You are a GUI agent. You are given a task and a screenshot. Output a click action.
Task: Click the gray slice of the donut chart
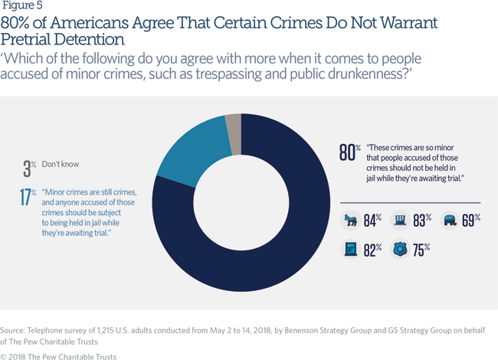[233, 124]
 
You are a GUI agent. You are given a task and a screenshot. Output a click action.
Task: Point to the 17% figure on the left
[28, 197]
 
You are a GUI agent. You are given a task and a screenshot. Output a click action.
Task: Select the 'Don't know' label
[61, 164]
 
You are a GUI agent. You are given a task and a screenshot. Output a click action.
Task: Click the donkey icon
[351, 221]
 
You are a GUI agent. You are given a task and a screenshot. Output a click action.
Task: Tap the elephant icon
[450, 221]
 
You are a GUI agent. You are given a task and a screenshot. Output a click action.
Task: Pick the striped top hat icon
[401, 221]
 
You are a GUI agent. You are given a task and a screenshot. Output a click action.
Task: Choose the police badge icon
[401, 249]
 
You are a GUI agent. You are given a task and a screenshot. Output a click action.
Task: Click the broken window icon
[351, 249]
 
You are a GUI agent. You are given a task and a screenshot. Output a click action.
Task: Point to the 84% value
[372, 221]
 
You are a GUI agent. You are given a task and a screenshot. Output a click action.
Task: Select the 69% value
[470, 221]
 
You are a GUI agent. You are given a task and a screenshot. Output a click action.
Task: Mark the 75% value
[421, 249]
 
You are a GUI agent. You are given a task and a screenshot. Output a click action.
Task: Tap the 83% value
[421, 221]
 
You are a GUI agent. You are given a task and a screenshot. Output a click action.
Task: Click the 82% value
[372, 249]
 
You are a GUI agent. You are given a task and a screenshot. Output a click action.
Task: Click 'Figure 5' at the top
[22, 7]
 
